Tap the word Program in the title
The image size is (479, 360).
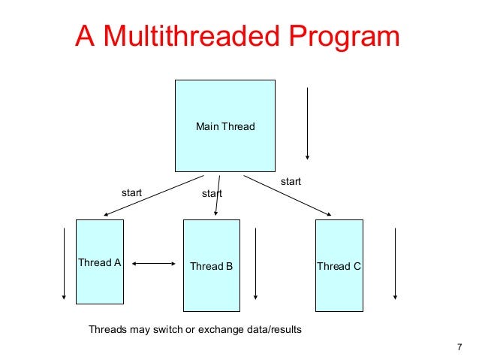point(339,37)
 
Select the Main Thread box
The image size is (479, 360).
point(225,126)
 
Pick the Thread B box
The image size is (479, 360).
point(212,265)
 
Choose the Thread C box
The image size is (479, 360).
point(339,265)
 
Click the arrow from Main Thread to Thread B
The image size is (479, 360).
point(218,195)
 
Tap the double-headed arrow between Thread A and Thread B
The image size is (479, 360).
point(154,264)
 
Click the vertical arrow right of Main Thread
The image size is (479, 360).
point(307,124)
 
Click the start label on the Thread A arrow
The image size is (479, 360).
point(132,192)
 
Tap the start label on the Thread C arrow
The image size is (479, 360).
point(291,182)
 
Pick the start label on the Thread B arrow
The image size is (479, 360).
point(212,194)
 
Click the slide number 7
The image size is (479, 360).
point(459,346)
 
